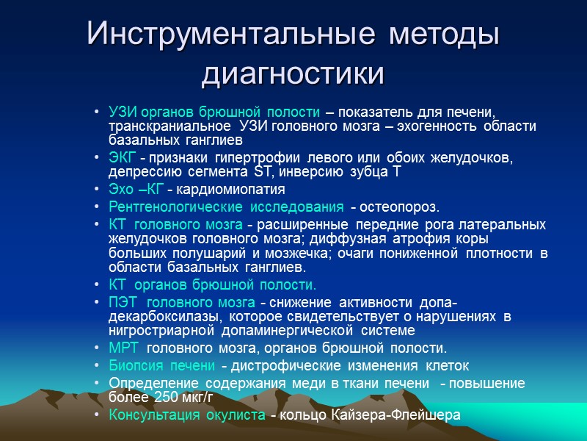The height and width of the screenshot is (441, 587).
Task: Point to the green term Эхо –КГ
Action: pos(136,190)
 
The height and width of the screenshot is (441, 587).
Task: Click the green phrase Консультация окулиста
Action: pos(187,415)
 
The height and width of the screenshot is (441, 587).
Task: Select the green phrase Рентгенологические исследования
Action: pos(226,207)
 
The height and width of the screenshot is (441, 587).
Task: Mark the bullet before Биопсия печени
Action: pos(98,366)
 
